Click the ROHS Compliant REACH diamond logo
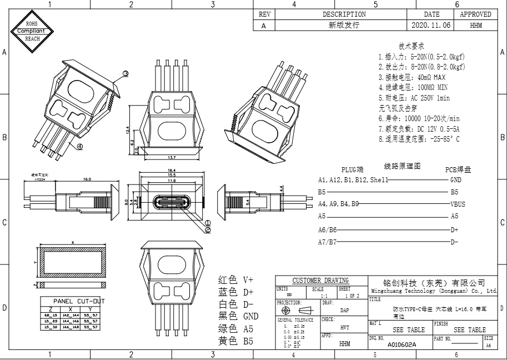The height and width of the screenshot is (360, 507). coord(32,31)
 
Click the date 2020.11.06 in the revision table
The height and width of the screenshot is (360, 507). coord(431,25)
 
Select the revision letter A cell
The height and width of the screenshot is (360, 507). coord(263,25)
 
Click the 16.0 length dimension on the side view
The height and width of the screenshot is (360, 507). coord(87,179)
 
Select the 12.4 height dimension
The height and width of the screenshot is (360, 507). coord(128,130)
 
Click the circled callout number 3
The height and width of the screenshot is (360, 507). coord(126,73)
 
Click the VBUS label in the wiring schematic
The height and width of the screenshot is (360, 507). coord(458,204)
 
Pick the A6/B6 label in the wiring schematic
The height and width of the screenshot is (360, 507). coord(327,229)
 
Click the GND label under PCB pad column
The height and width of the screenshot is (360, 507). coord(455,180)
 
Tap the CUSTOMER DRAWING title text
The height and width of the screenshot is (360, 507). coord(320,280)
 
